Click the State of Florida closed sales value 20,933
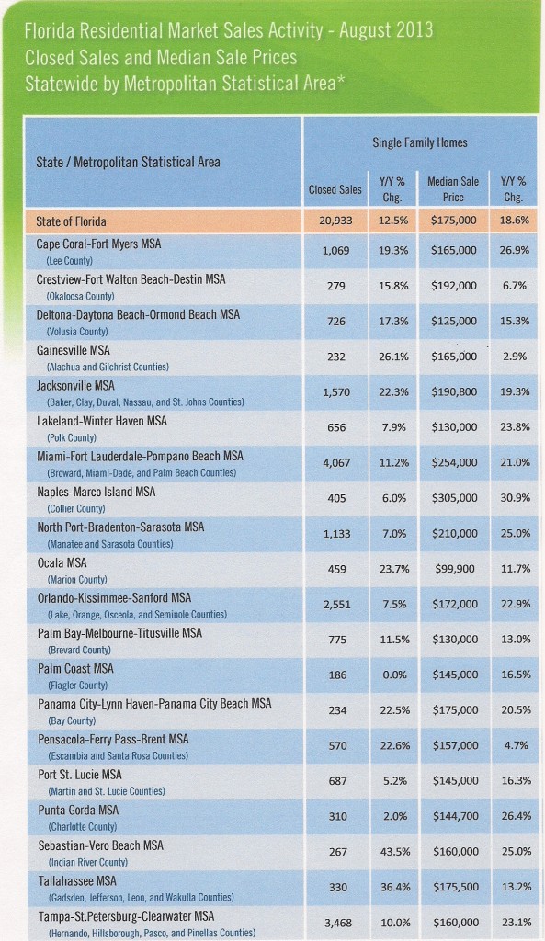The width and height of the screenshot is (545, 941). (x=335, y=221)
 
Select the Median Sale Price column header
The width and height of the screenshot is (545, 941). (x=453, y=189)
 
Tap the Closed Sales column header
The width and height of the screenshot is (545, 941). (x=335, y=189)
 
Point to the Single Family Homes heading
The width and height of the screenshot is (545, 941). (x=420, y=142)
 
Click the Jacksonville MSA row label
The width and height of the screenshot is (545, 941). (x=75, y=386)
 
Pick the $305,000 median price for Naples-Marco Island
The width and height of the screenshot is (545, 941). (x=454, y=498)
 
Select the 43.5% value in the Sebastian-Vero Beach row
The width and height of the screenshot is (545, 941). (x=393, y=852)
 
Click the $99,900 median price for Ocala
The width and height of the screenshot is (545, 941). (x=454, y=569)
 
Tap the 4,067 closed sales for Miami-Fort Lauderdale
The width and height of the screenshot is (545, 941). (x=336, y=463)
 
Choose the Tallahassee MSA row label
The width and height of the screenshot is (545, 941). (x=77, y=881)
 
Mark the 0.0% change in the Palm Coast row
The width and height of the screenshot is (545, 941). (x=393, y=675)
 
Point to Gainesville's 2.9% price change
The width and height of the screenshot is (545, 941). (x=515, y=357)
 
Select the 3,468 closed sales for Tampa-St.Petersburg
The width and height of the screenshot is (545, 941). (x=336, y=923)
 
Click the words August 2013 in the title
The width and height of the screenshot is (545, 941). (x=386, y=30)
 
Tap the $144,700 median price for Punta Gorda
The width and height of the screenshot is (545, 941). (x=454, y=816)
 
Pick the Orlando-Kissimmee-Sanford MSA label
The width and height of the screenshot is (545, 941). (x=114, y=598)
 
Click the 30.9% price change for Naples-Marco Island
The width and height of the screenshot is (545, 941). (x=515, y=498)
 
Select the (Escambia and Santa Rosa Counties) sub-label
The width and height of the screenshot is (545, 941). (x=118, y=756)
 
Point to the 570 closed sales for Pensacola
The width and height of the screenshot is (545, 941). (x=336, y=745)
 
